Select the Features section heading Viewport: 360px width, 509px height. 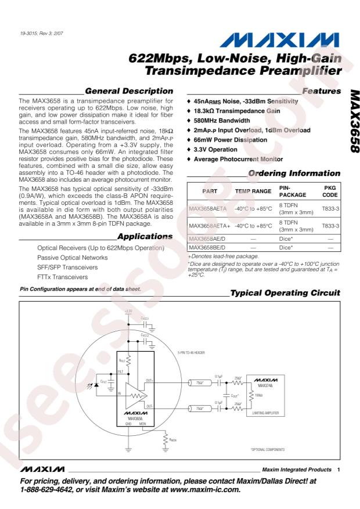coord(319,91)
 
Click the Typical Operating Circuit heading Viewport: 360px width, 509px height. coord(288,294)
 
